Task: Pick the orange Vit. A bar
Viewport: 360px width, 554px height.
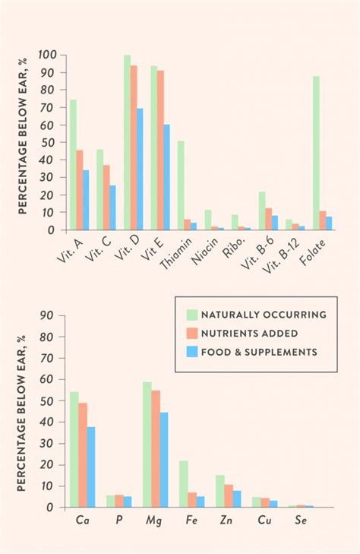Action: click(x=80, y=190)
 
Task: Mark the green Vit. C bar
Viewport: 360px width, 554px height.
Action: click(x=100, y=189)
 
